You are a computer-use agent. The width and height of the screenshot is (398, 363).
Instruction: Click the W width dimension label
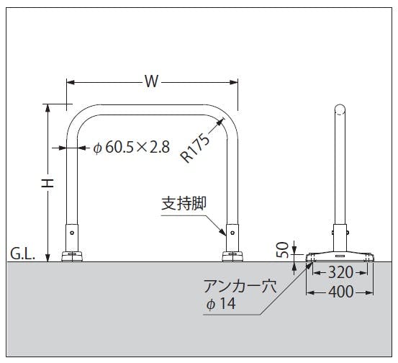coord(152,81)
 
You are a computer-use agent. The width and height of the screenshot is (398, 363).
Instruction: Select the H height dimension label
coord(48,183)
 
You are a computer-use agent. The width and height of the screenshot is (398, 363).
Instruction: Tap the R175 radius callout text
coord(195,148)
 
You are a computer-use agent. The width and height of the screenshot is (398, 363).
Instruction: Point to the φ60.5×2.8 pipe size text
coord(132,147)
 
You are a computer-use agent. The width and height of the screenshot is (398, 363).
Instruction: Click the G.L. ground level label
coord(22,254)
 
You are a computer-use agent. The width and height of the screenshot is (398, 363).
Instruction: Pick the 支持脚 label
coord(184,203)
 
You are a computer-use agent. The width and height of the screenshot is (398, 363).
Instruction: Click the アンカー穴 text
coord(240,287)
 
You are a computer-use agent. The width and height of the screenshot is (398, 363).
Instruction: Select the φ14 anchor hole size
coord(221,303)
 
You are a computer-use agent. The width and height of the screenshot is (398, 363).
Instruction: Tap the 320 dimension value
coord(340,272)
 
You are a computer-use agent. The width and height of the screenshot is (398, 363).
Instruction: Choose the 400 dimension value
coord(340,292)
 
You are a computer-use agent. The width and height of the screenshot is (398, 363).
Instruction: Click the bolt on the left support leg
coord(72,233)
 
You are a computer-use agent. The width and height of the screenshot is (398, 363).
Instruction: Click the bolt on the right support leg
coord(232,233)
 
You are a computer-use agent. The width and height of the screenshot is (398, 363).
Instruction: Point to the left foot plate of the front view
coord(72,256)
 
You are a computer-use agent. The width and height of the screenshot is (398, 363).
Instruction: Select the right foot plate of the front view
coord(232,256)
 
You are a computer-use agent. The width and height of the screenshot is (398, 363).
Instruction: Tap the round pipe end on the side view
coord(340,109)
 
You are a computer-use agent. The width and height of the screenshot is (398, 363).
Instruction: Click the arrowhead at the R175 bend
coord(220,122)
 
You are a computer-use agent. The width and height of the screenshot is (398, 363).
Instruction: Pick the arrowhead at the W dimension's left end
coord(71,83)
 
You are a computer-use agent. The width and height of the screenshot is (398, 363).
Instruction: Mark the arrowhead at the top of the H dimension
coord(48,108)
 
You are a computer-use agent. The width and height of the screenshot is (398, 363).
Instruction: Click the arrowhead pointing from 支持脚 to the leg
coord(222,232)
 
